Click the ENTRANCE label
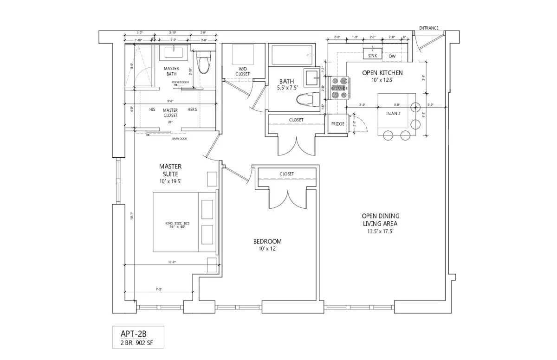click(428, 28)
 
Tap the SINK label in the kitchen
click(373, 56)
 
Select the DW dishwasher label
click(392, 56)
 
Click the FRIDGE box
click(337, 124)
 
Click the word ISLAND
click(393, 113)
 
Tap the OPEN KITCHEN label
click(382, 73)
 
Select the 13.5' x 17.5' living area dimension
click(381, 231)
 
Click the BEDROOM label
click(267, 241)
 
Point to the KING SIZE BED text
click(177, 224)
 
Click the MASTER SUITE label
click(170, 170)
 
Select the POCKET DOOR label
click(180, 82)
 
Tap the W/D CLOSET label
click(242, 71)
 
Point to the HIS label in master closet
click(152, 109)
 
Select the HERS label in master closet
click(192, 109)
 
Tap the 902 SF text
click(143, 343)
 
